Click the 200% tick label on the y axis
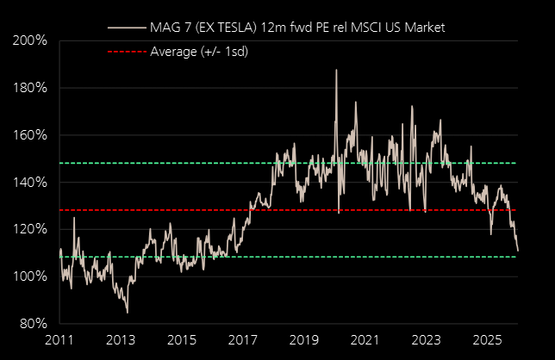pos(31,41)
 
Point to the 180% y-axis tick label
pos(31,88)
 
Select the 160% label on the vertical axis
pos(31,135)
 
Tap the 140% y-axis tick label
pos(31,183)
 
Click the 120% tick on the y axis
pos(31,230)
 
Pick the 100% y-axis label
pos(31,276)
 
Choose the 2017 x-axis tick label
pos(243,341)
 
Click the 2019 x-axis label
pos(303,341)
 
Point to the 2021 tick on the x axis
pos(365,341)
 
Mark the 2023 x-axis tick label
pos(426,341)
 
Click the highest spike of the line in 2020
pos(336,70)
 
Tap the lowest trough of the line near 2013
pos(127,313)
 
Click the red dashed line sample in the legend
pos(126,52)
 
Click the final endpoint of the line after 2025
pos(518,251)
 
